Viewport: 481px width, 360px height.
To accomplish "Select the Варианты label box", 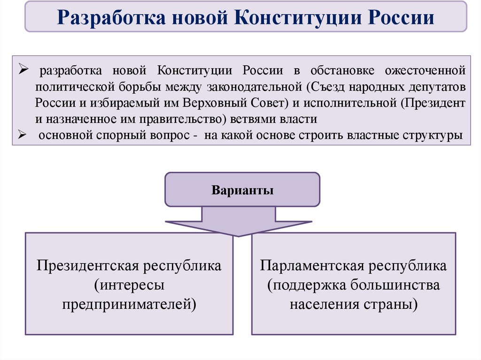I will tap(242, 191).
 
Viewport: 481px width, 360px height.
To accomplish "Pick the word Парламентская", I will tap(312, 266).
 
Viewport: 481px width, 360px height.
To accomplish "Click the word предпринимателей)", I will tap(129, 303).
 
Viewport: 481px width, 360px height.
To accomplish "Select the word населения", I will tap(325, 303).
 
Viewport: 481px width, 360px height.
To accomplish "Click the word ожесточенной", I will tap(425, 71).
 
